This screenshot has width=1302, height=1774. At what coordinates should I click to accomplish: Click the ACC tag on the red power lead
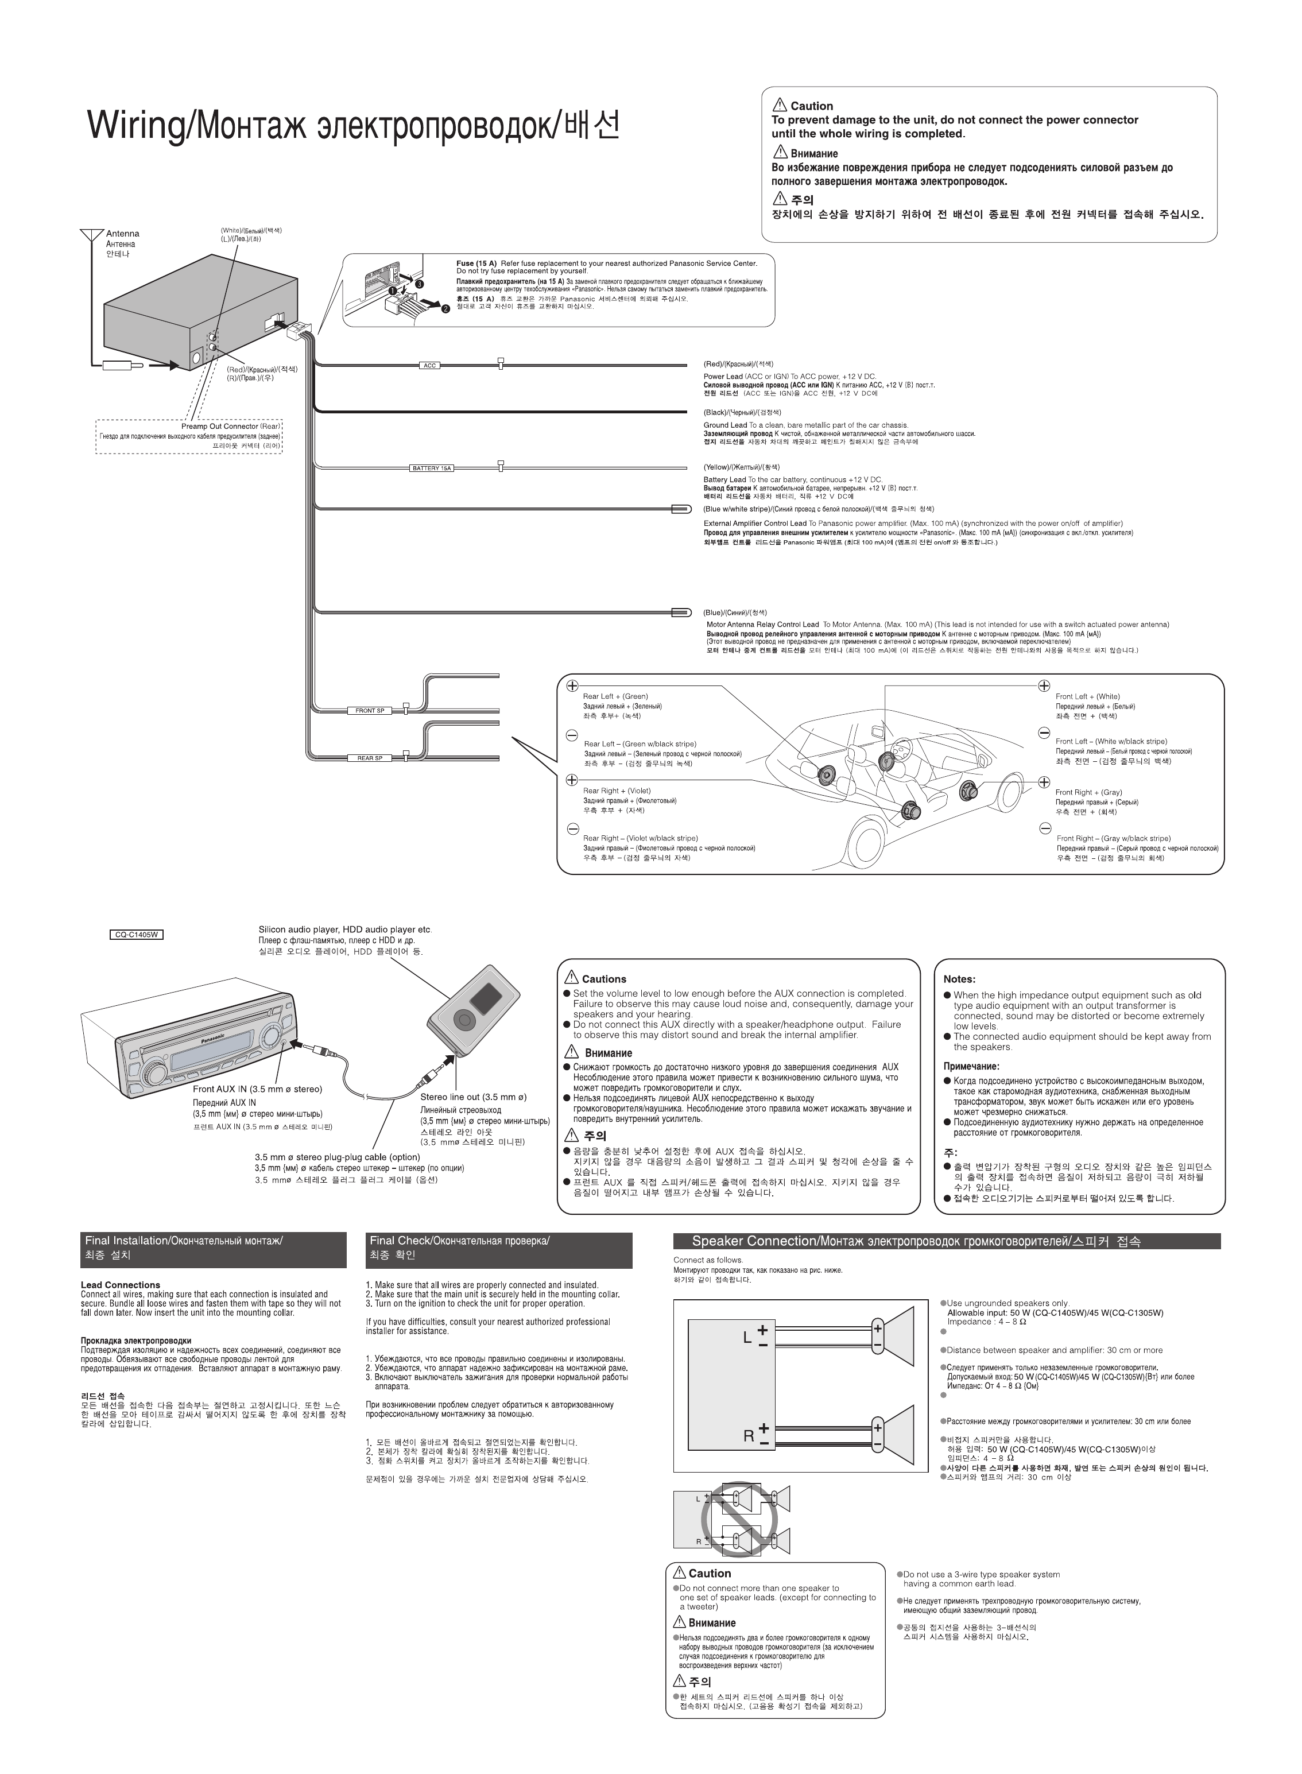tap(429, 366)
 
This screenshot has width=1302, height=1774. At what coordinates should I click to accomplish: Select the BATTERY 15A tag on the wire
tap(431, 468)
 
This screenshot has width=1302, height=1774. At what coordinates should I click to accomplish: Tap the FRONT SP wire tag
tap(370, 711)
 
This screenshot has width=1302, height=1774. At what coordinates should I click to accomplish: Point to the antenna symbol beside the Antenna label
tap(91, 235)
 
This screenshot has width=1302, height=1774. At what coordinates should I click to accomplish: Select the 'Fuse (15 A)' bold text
tap(476, 263)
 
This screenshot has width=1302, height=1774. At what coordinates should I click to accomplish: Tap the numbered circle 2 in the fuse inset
tap(445, 308)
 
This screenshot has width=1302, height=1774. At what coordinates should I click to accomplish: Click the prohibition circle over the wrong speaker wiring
tap(739, 1517)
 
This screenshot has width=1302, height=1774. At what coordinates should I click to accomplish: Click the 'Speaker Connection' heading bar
tap(945, 1242)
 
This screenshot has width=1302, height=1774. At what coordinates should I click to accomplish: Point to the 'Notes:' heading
tap(959, 979)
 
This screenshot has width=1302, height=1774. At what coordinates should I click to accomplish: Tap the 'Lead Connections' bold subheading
tap(121, 1285)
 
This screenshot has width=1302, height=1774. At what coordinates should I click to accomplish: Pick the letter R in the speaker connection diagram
tap(749, 1436)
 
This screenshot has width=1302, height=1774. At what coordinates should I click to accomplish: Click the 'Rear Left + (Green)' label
tap(615, 696)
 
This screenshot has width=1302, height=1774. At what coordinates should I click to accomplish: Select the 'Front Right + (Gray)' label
tap(1088, 792)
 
